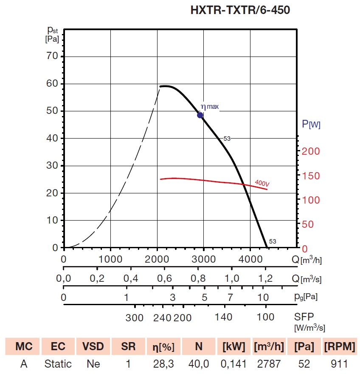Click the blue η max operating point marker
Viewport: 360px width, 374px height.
[x=200, y=115]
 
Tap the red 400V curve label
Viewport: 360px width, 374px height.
[x=262, y=183]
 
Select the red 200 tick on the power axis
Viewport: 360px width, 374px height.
[x=312, y=151]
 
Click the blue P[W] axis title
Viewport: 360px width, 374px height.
[x=311, y=125]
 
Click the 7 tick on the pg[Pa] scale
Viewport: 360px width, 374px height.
[x=230, y=297]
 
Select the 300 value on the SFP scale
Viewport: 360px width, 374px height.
[x=135, y=317]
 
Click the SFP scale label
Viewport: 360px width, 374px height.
[x=304, y=317]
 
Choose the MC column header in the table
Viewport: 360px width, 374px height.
[x=24, y=346]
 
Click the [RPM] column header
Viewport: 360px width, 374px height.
[x=340, y=346]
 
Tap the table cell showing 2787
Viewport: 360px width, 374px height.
[x=269, y=364]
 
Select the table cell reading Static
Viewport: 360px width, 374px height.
[x=58, y=364]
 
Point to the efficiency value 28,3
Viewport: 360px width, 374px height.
[x=163, y=364]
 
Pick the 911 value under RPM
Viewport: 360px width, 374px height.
[x=340, y=364]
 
